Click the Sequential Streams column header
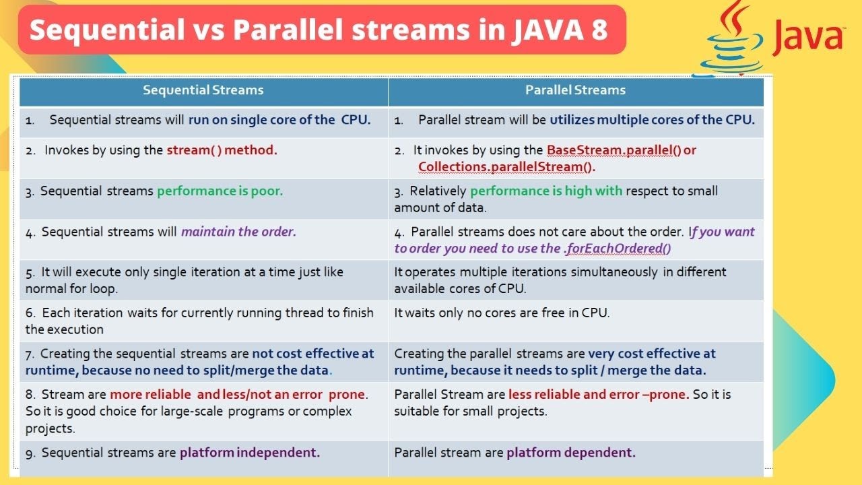(203, 90)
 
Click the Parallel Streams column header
(575, 90)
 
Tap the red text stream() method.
(222, 150)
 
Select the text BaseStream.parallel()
(613, 150)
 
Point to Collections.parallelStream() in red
(506, 167)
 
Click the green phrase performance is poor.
(220, 191)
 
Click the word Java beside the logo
(808, 37)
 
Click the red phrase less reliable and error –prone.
(598, 395)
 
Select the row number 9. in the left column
(31, 453)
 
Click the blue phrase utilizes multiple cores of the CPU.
(652, 121)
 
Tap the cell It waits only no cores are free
(502, 313)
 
